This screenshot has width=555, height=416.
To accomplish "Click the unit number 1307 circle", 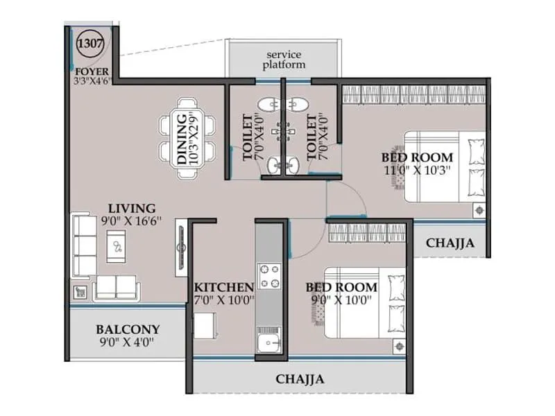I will (90, 43).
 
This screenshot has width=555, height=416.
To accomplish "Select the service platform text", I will (284, 60).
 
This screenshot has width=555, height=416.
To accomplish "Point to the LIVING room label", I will (131, 208).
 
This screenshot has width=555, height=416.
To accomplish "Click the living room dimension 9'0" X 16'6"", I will (131, 222).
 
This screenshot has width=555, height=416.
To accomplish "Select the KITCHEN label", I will (223, 287).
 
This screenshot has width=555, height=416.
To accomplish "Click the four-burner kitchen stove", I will (268, 275).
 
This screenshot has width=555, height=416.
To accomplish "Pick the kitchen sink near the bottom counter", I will (268, 342).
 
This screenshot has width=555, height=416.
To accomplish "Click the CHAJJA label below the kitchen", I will (300, 379).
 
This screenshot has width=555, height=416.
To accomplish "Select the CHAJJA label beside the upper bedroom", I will (450, 243).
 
